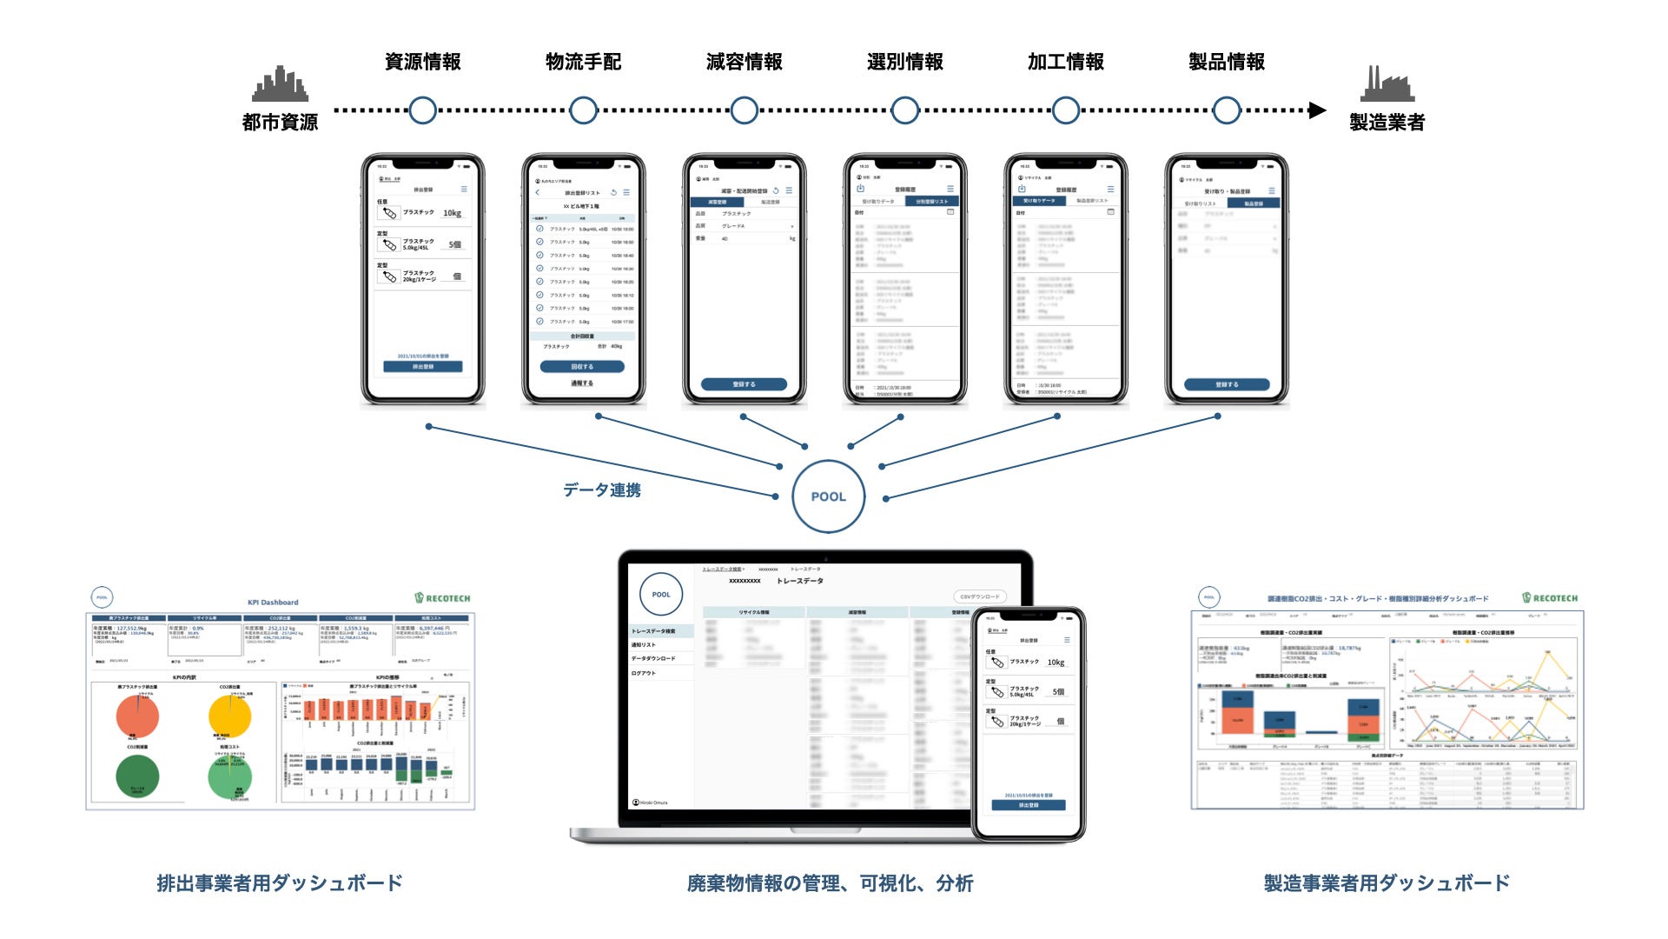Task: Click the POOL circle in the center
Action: tap(828, 496)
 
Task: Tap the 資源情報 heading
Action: tap(422, 62)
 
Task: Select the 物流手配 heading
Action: tap(583, 62)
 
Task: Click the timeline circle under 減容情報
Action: tap(744, 110)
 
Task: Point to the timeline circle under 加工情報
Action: tap(1065, 110)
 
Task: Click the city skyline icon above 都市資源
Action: tap(280, 84)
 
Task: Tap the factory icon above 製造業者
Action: tap(1387, 84)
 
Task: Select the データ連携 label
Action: tap(601, 490)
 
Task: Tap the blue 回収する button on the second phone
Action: tap(582, 367)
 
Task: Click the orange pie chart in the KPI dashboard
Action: tap(137, 716)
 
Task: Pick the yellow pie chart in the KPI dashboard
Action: tap(230, 716)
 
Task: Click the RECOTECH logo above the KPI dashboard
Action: tap(442, 598)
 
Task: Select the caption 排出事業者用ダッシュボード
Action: tap(280, 883)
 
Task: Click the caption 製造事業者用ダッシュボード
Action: tap(1387, 883)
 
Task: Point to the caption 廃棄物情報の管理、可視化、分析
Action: tap(830, 883)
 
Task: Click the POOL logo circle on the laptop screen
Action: tap(661, 595)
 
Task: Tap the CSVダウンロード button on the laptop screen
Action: tap(980, 596)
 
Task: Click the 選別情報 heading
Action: tap(904, 62)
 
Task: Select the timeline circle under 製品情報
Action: tap(1226, 110)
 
